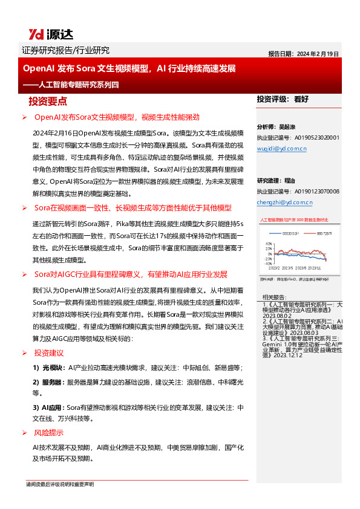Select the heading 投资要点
pyautogui.click(x=48, y=101)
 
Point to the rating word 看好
pyautogui.click(x=301, y=99)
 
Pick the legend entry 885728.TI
pyautogui.click(x=324, y=233)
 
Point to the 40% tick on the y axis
pyautogui.click(x=269, y=244)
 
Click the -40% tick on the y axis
pyautogui.click(x=268, y=264)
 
